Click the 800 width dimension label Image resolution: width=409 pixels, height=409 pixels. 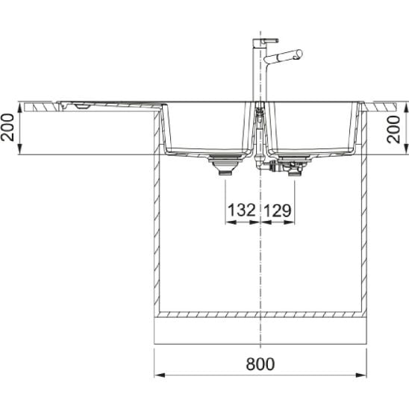click(x=260, y=364)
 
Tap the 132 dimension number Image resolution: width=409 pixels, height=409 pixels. click(x=242, y=210)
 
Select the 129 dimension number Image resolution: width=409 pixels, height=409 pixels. click(x=278, y=210)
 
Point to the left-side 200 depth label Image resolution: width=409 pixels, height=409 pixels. click(x=7, y=128)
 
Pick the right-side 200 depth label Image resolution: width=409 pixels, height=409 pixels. click(x=393, y=130)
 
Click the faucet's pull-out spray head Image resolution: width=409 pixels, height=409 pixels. click(x=283, y=56)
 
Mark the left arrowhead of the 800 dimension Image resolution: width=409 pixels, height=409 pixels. click(x=160, y=375)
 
